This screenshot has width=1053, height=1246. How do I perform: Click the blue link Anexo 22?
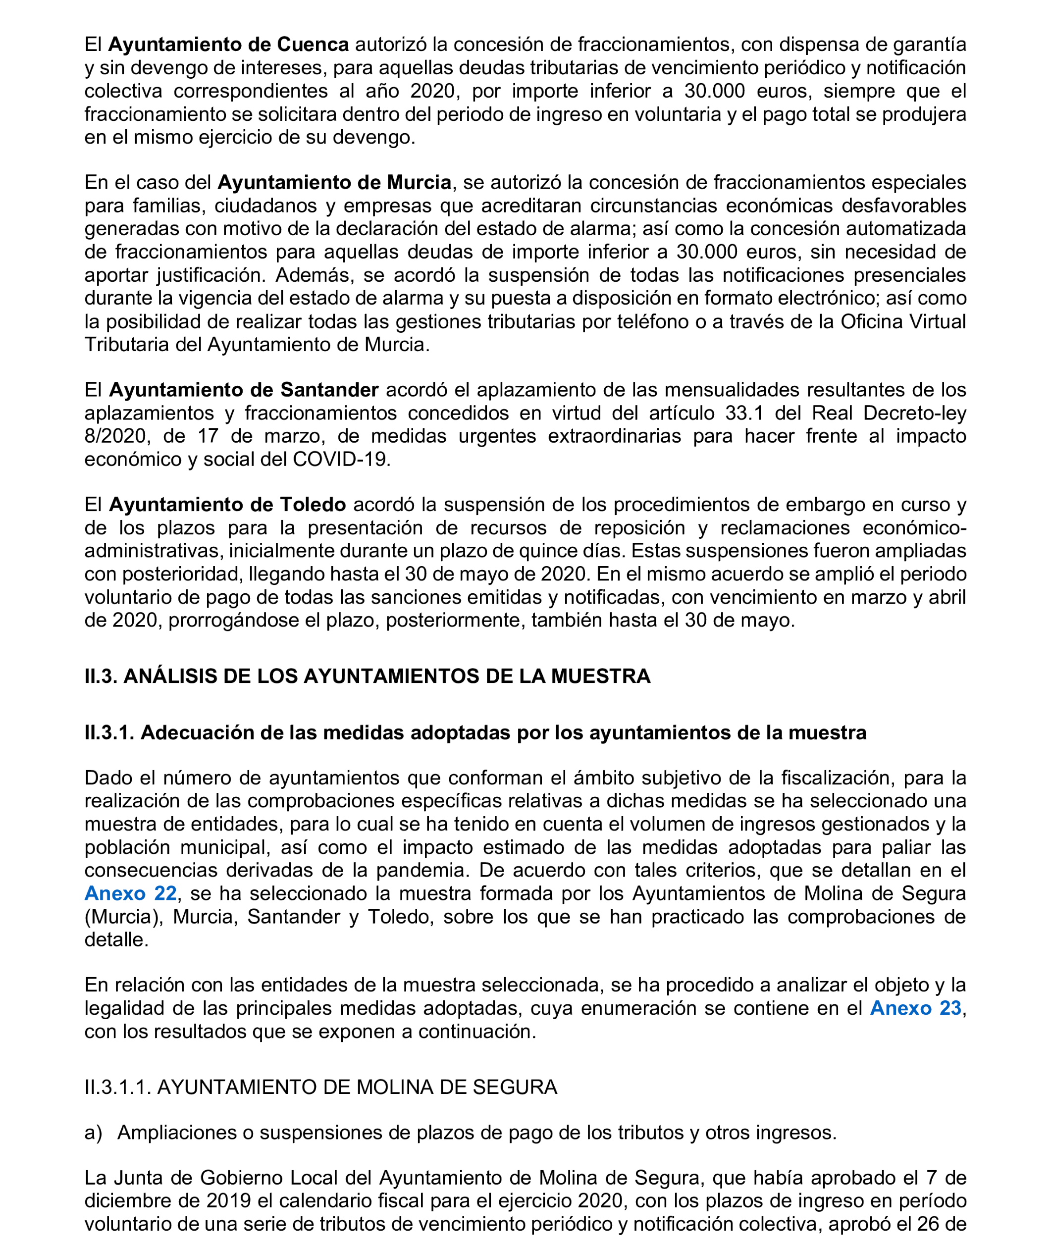click(x=130, y=893)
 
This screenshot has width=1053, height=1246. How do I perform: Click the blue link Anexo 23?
click(x=915, y=1008)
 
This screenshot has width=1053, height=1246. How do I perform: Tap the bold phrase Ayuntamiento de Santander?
click(x=244, y=390)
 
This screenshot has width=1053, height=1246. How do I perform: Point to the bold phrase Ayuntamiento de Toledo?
click(x=227, y=504)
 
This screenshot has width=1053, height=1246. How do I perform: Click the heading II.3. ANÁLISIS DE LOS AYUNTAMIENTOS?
click(x=367, y=676)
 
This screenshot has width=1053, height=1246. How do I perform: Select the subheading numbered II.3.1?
click(x=474, y=732)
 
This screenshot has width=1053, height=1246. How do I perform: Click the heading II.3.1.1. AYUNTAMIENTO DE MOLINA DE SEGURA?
click(x=320, y=1087)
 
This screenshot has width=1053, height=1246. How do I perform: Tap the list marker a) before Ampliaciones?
click(x=93, y=1133)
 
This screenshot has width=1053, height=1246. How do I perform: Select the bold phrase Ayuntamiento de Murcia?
click(x=334, y=182)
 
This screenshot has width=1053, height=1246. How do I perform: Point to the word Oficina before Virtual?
click(x=871, y=321)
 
